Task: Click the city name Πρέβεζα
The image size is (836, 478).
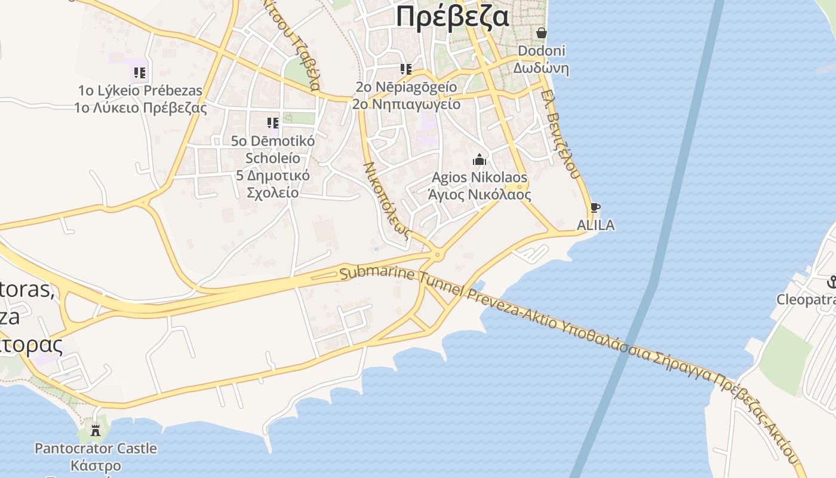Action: click(x=453, y=16)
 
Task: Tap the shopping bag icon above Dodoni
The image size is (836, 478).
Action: click(x=542, y=33)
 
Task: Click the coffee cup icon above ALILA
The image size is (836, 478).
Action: click(x=595, y=208)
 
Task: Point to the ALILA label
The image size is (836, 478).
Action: click(x=595, y=225)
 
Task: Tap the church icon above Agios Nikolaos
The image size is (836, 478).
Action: click(x=480, y=160)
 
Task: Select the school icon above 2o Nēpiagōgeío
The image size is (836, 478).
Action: click(x=406, y=69)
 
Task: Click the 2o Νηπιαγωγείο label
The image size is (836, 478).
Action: click(x=406, y=104)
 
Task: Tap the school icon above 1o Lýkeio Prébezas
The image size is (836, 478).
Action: click(x=140, y=73)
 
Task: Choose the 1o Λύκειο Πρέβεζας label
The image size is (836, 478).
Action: click(x=140, y=108)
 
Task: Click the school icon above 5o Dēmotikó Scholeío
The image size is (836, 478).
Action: click(x=273, y=123)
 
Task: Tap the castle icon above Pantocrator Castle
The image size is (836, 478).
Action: click(x=96, y=429)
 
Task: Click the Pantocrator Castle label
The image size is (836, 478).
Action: click(x=96, y=448)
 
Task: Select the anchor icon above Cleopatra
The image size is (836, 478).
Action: click(x=831, y=282)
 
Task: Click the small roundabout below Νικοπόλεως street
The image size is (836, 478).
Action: click(x=438, y=255)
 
